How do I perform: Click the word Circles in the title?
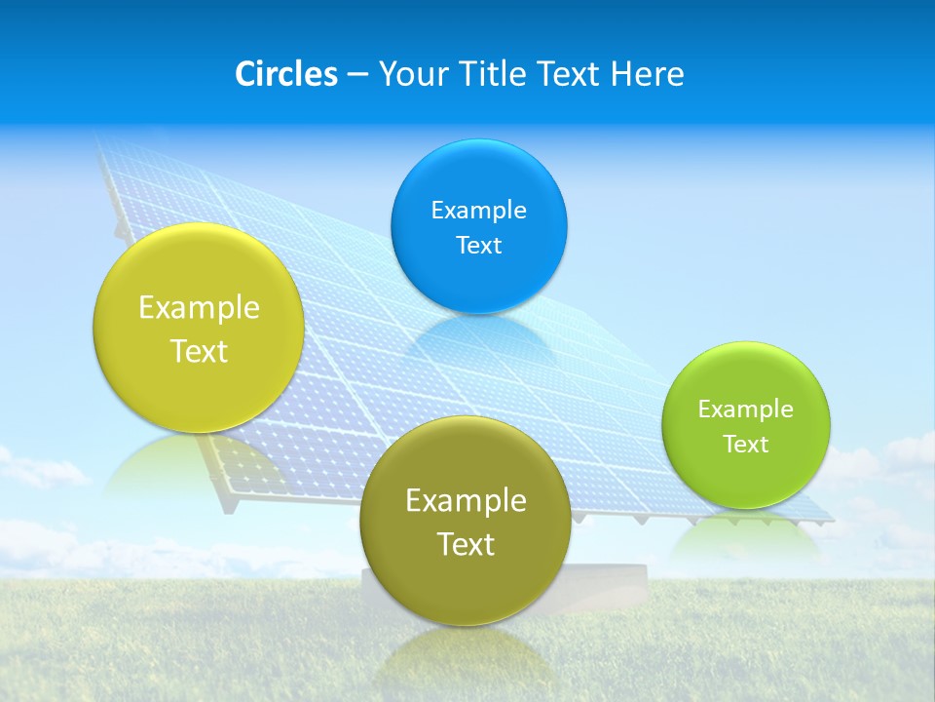pyautogui.click(x=285, y=74)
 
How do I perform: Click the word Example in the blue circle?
pyautogui.click(x=478, y=211)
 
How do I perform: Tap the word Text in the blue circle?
pyautogui.click(x=478, y=246)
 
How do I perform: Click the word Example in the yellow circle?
pyautogui.click(x=199, y=308)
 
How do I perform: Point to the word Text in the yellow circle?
pyautogui.click(x=199, y=351)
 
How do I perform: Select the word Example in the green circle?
pyautogui.click(x=745, y=409)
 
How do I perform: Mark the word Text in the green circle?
pyautogui.click(x=745, y=445)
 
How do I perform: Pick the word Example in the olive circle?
pyautogui.click(x=466, y=501)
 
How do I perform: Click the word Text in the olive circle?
pyautogui.click(x=466, y=544)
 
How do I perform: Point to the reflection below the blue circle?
pyautogui.click(x=479, y=336)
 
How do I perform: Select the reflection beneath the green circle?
pyautogui.click(x=746, y=536)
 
